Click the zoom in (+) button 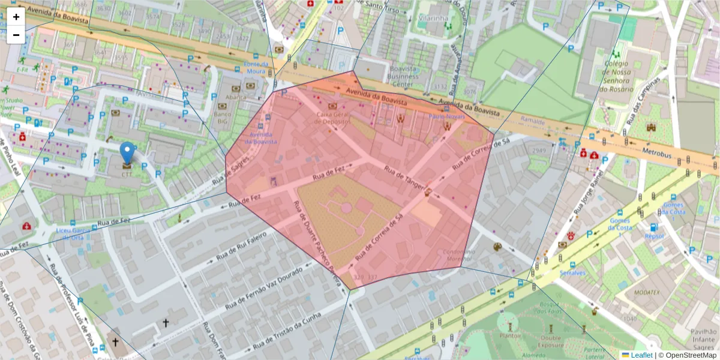click(16, 17)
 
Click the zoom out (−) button click(16, 35)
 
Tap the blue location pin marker click(127, 153)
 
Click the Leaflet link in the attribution click(640, 355)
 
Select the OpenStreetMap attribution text click(688, 355)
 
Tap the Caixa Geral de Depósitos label click(332, 118)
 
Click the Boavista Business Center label click(403, 73)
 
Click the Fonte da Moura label click(255, 67)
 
